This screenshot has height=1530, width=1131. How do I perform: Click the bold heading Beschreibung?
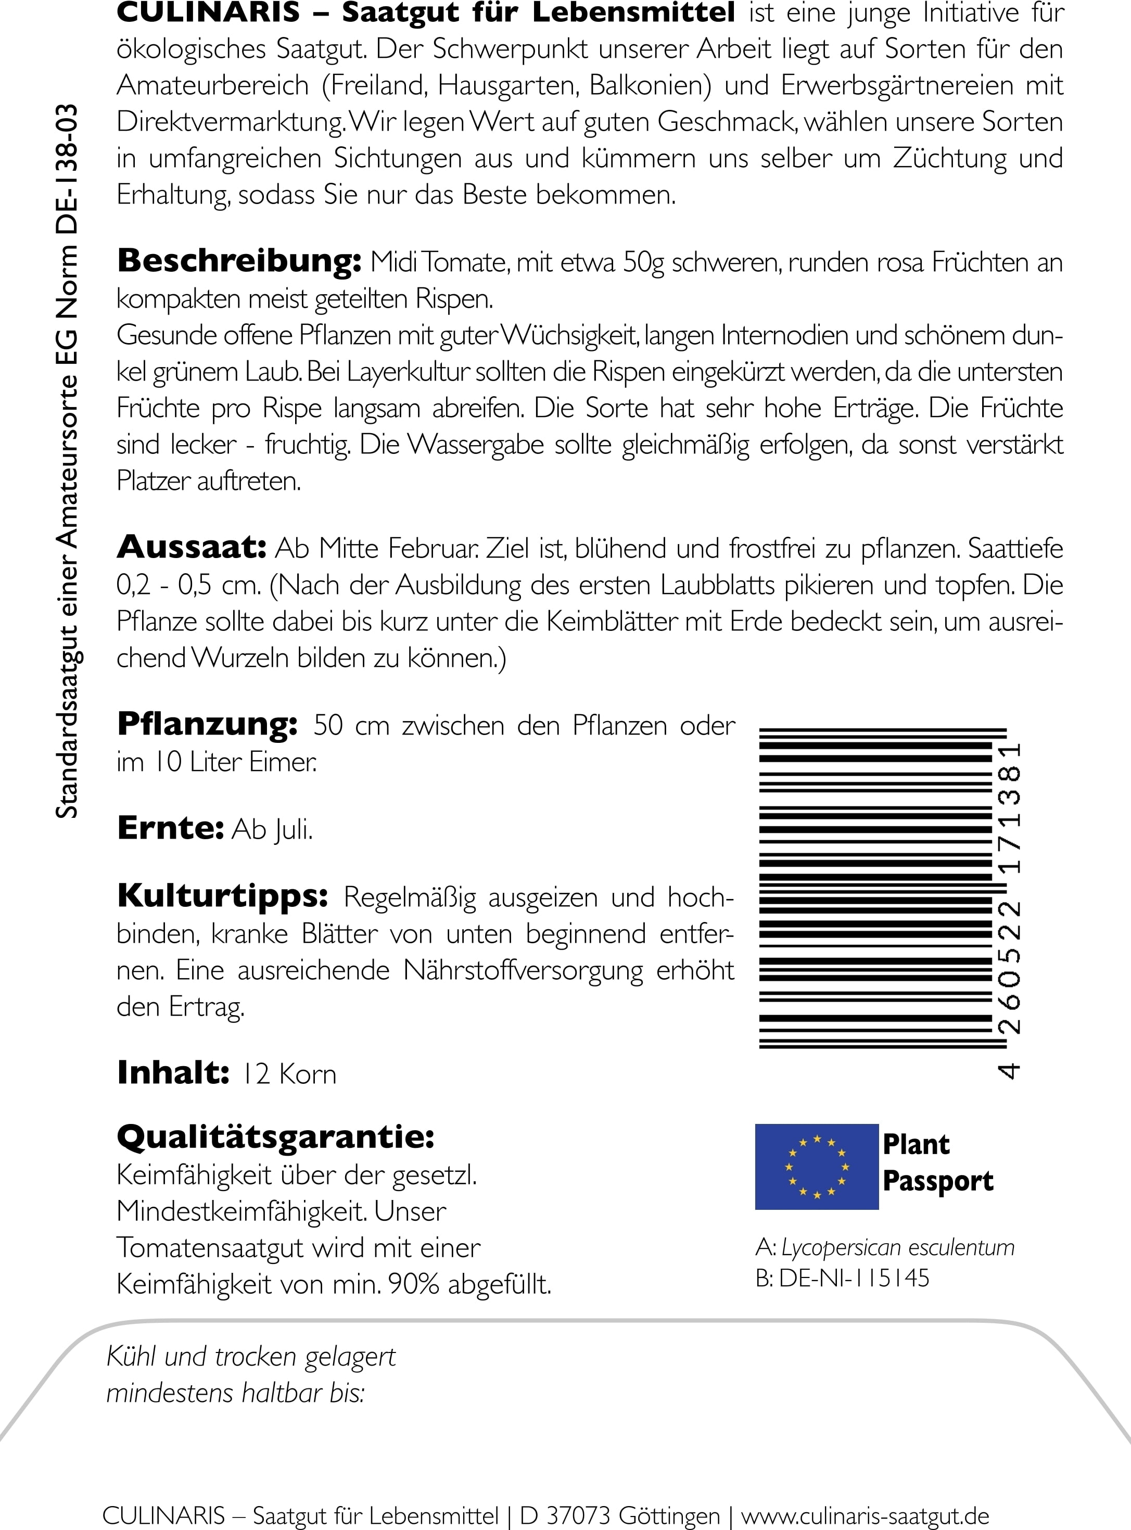pyautogui.click(x=239, y=261)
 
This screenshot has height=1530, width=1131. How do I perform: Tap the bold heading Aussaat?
pyautogui.click(x=192, y=547)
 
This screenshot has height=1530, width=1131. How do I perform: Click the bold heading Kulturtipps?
pyautogui.click(x=222, y=896)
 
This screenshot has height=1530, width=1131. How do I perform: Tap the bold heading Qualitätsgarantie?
pyautogui.click(x=276, y=1137)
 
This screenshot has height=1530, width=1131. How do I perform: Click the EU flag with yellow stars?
pyautogui.click(x=816, y=1167)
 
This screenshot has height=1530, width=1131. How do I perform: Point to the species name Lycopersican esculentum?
pyautogui.click(x=897, y=1247)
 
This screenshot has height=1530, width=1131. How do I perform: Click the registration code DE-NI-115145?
pyautogui.click(x=854, y=1278)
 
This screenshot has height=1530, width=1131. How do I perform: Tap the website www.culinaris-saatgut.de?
pyautogui.click(x=866, y=1515)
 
